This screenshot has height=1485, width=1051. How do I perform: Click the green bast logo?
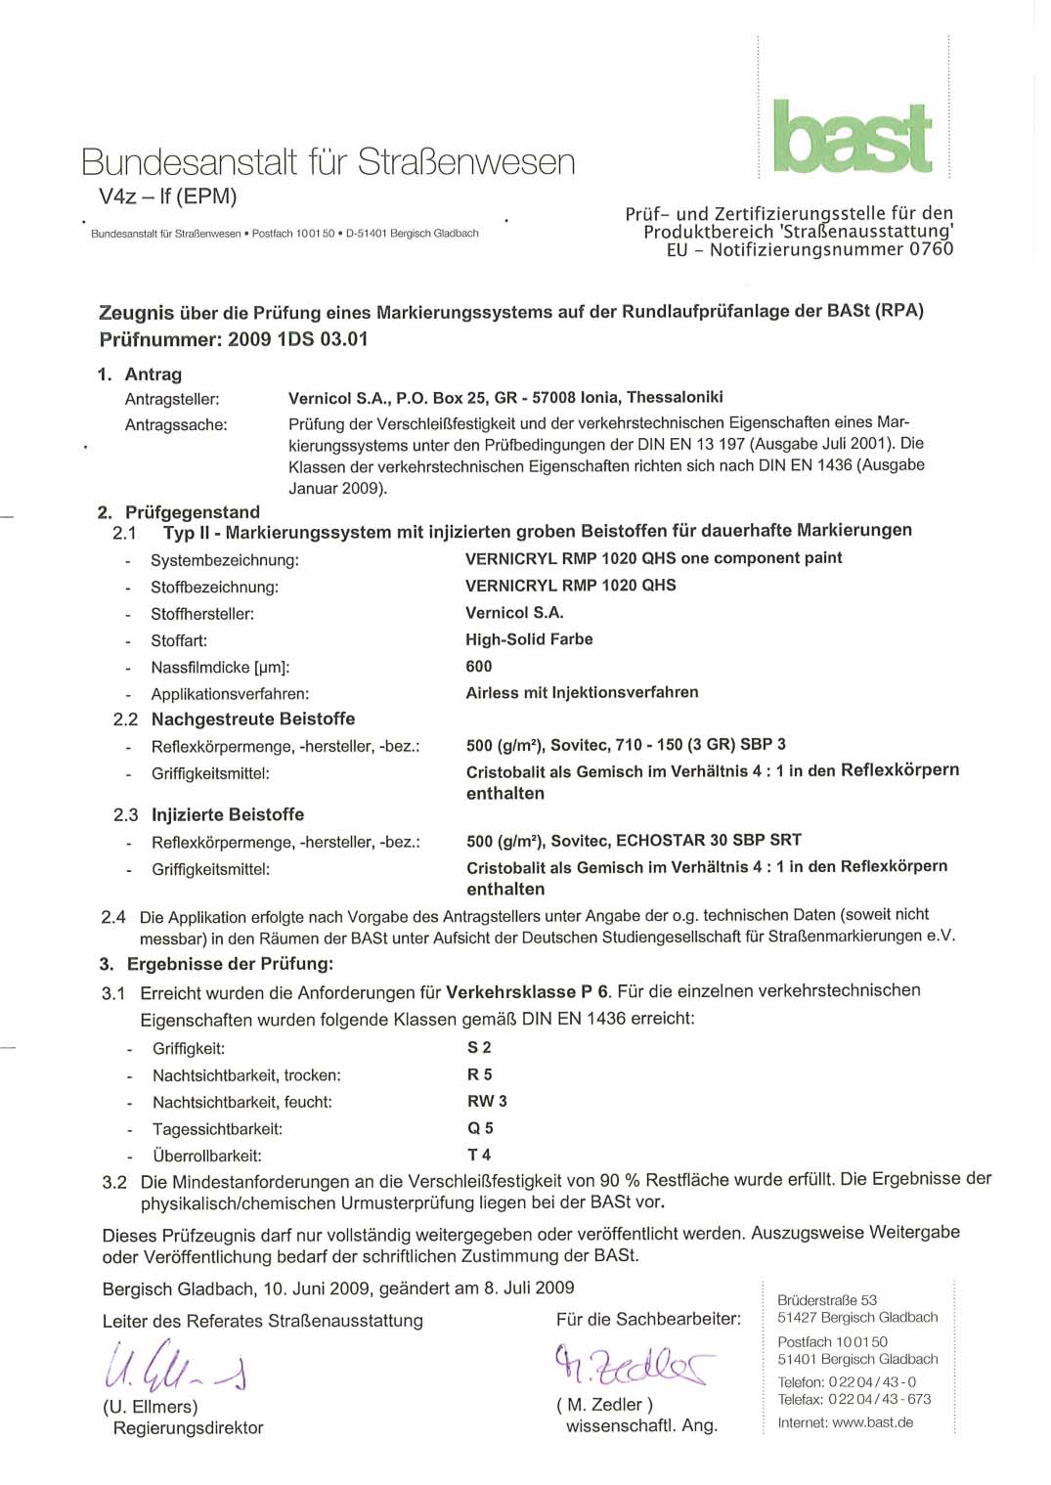tap(853, 138)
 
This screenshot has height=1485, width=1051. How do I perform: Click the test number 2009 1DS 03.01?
tap(298, 339)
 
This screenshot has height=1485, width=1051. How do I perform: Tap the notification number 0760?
tap(931, 249)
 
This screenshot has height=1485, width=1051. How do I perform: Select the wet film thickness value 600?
tap(479, 666)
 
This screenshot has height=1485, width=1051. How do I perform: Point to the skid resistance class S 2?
tap(479, 1047)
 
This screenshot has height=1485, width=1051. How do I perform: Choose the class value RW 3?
tap(487, 1101)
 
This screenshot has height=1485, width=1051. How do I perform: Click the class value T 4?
tap(479, 1155)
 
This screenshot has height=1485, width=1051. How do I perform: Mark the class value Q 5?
tap(480, 1127)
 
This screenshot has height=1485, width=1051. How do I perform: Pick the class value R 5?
tap(479, 1074)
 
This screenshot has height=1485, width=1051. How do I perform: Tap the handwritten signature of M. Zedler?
tap(633, 1364)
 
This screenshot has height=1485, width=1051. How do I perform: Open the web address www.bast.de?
tap(872, 1422)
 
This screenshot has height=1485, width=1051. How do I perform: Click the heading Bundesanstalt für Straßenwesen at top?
tap(328, 162)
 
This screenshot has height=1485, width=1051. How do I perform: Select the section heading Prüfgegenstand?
tap(192, 512)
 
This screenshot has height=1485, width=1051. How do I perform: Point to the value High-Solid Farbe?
tap(529, 639)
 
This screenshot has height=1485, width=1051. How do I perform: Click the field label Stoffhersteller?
tap(202, 614)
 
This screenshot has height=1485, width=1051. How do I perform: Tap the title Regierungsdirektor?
tap(188, 1428)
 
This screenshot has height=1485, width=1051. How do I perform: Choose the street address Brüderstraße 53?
tap(827, 1300)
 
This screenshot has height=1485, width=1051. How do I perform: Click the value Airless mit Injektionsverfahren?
tap(582, 692)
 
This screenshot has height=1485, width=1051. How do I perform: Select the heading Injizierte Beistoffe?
tap(228, 814)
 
